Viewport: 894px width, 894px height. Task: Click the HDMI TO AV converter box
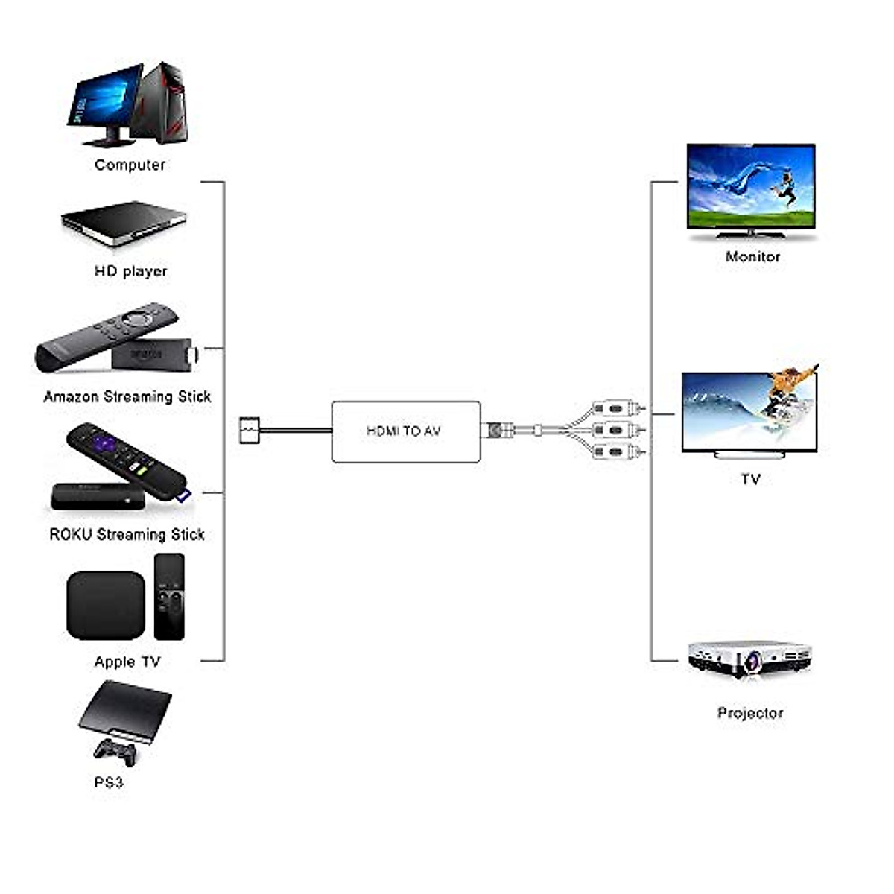tap(405, 431)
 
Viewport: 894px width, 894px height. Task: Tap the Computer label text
tap(130, 165)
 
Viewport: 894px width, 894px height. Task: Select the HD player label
tap(130, 271)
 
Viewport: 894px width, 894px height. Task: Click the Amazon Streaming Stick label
tap(127, 396)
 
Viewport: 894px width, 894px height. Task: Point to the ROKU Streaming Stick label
tap(127, 534)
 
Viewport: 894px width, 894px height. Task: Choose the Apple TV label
tap(127, 662)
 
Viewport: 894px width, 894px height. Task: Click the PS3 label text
tap(109, 782)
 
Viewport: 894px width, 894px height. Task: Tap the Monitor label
tap(752, 256)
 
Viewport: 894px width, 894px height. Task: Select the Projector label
tap(750, 713)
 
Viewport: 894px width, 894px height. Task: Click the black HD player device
tap(124, 221)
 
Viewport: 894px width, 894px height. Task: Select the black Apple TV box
tap(106, 605)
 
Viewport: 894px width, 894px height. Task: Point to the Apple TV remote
tap(169, 596)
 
